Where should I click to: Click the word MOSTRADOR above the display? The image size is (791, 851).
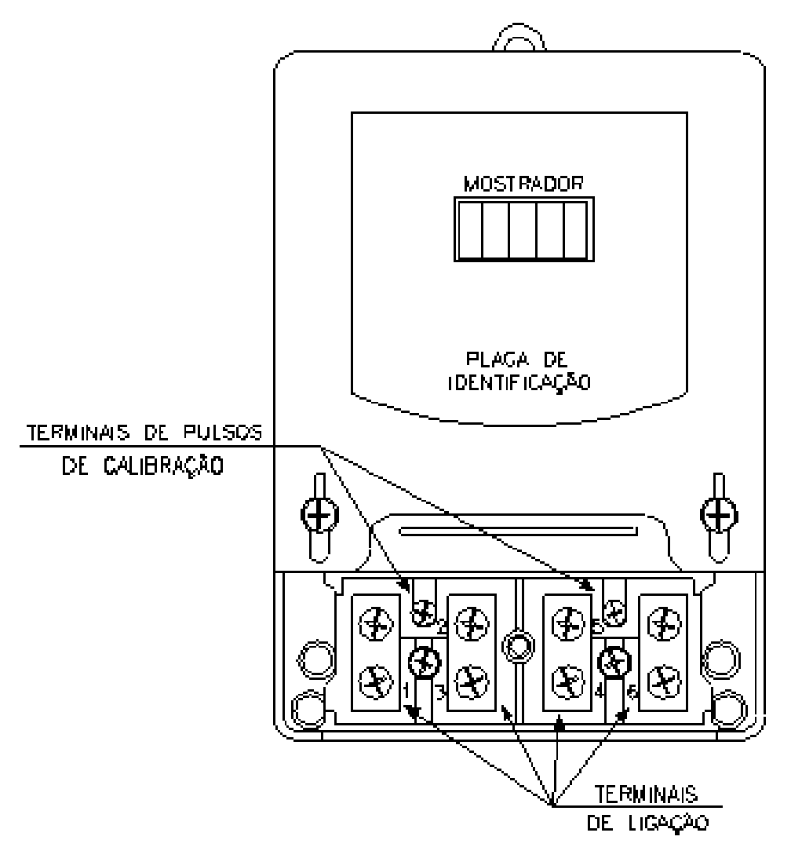point(523,184)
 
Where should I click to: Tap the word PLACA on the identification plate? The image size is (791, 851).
point(490,360)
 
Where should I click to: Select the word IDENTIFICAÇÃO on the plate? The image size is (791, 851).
point(519,382)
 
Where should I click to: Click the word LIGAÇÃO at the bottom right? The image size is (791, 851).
point(669,823)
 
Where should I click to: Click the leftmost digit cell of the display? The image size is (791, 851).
point(470,229)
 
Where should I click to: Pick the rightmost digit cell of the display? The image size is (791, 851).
point(576,229)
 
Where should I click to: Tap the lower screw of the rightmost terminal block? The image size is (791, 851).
point(664,682)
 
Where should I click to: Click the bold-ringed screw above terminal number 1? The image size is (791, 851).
point(425,662)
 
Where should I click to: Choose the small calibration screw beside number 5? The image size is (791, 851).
point(614,613)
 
